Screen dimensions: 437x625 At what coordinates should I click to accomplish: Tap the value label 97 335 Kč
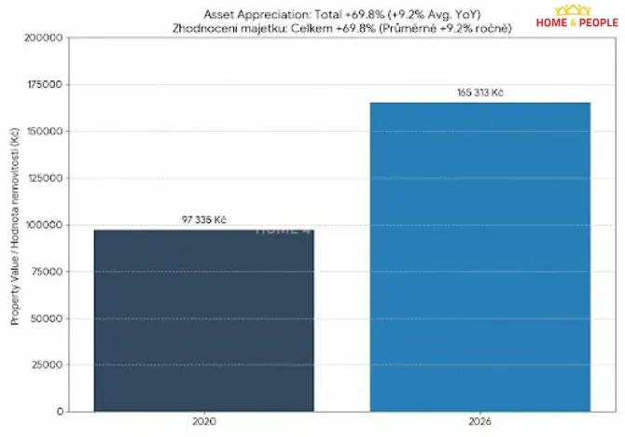(x=204, y=220)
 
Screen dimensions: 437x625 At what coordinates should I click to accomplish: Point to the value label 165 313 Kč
(x=480, y=93)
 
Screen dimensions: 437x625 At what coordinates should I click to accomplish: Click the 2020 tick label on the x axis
(x=203, y=422)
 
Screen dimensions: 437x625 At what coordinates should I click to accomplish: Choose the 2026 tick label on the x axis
(x=480, y=422)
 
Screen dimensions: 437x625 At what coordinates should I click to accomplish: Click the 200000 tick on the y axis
(x=44, y=38)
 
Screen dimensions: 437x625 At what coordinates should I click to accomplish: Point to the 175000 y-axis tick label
(x=44, y=85)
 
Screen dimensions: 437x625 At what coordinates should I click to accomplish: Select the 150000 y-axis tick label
(x=44, y=132)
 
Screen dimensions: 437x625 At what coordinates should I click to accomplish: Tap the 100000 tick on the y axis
(x=44, y=225)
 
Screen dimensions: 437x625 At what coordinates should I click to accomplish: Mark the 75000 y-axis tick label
(x=47, y=272)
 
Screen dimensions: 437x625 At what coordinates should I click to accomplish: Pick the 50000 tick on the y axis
(x=47, y=318)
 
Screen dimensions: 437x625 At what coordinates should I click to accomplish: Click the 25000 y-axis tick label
(x=47, y=365)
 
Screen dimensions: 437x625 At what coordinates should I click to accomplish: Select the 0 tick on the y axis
(x=59, y=411)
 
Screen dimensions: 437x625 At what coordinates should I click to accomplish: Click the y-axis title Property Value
(x=15, y=224)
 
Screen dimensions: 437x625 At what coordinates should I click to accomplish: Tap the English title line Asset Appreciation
(x=341, y=15)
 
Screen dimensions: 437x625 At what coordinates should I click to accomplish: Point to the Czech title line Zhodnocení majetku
(x=341, y=28)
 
